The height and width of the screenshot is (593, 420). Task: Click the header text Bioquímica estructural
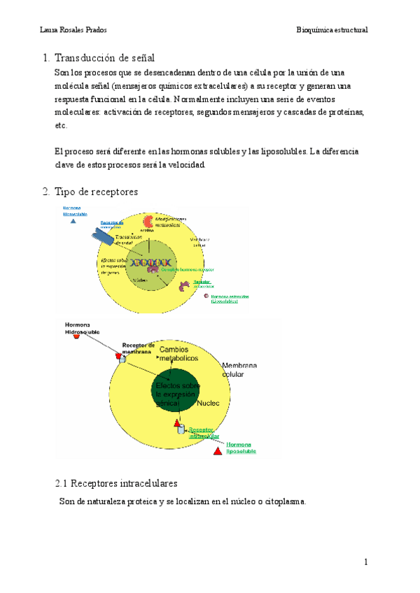tap(332, 30)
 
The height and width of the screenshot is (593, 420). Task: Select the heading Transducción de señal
tap(104, 57)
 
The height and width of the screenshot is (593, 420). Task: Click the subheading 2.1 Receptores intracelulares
tap(116, 483)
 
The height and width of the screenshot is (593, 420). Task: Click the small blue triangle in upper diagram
tap(71, 221)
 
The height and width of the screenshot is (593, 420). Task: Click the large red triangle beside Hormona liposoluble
tap(218, 453)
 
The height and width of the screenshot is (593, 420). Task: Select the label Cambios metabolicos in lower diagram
tap(178, 353)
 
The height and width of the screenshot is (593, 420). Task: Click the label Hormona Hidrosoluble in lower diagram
tap(83, 328)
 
